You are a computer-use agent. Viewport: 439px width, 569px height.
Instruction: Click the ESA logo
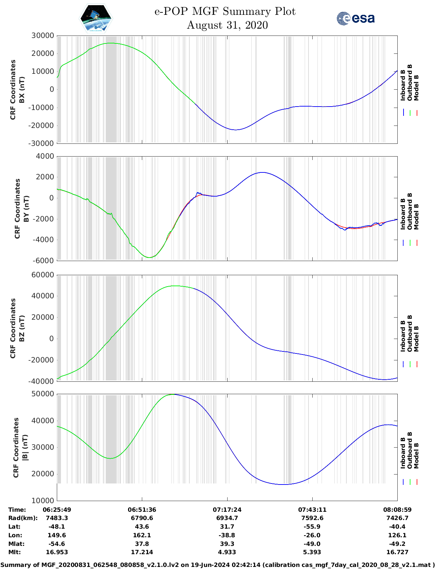click(x=355, y=18)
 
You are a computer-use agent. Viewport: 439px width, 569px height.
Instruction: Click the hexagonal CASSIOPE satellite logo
click(x=96, y=19)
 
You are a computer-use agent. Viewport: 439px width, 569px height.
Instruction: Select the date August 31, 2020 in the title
click(x=227, y=25)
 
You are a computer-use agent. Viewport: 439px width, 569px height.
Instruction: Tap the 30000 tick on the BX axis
click(x=43, y=36)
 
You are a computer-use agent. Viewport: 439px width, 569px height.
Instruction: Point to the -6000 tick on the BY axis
click(x=43, y=261)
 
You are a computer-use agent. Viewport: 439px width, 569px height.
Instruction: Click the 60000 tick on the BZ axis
click(x=43, y=275)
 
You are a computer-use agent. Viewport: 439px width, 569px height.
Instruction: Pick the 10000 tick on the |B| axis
click(x=43, y=500)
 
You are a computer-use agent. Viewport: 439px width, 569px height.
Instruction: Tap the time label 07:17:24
click(x=227, y=510)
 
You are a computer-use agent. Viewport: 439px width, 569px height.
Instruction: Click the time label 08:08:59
click(x=397, y=510)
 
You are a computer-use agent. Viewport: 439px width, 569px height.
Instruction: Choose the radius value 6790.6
click(x=142, y=518)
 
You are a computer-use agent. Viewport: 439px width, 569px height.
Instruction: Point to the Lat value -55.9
click(x=312, y=527)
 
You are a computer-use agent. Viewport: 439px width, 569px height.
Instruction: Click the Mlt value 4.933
click(x=227, y=552)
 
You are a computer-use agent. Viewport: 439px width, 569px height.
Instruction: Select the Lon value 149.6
click(x=57, y=535)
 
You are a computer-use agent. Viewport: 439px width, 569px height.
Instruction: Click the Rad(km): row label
click(x=23, y=518)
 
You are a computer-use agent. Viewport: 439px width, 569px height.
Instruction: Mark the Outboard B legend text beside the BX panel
click(x=410, y=83)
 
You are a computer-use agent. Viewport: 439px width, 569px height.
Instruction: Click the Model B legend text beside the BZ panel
click(x=417, y=339)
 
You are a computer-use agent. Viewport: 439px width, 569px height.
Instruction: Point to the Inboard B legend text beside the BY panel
click(x=403, y=214)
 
